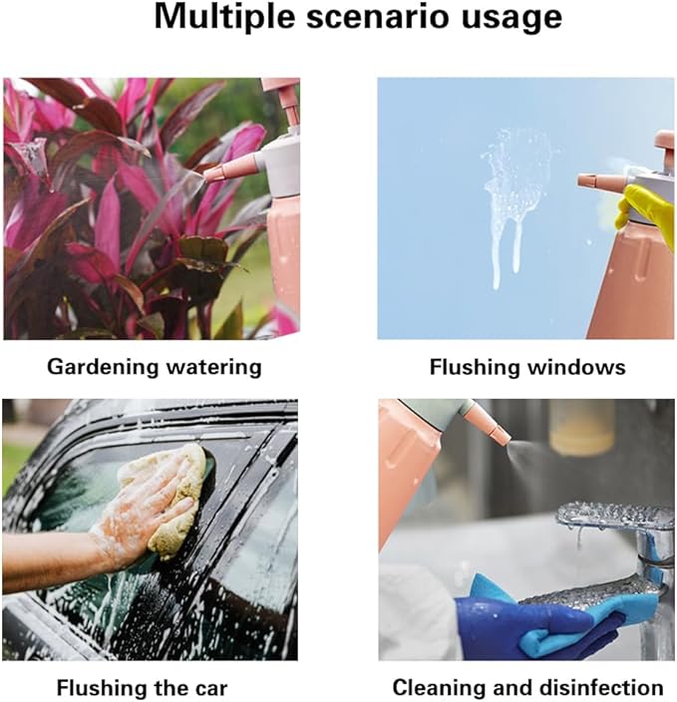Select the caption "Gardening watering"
[x=155, y=367]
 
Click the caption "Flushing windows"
[x=527, y=367]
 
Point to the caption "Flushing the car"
[x=143, y=687]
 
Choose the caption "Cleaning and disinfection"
[x=527, y=687]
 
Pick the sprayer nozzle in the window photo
[x=601, y=181]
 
